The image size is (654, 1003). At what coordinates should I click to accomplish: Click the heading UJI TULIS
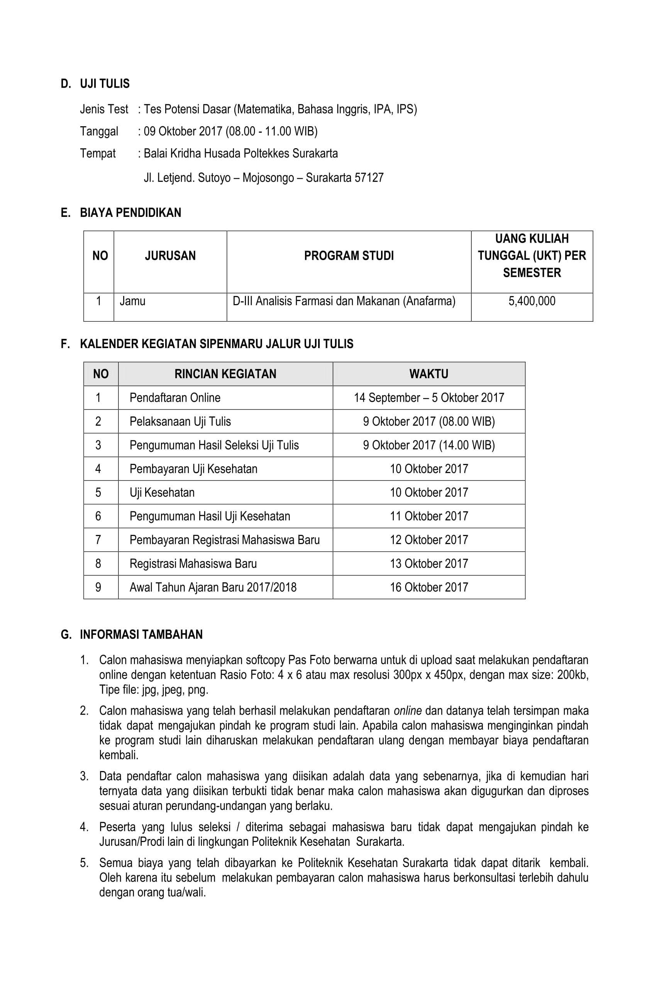[x=105, y=83]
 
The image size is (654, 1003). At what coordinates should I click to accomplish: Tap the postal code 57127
[x=369, y=178]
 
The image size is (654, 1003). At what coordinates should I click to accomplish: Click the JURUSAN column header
[x=170, y=255]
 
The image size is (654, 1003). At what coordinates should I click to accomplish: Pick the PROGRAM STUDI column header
[x=348, y=255]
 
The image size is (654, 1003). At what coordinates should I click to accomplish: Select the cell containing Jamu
[x=132, y=301]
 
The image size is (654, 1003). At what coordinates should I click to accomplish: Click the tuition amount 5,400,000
[x=531, y=301]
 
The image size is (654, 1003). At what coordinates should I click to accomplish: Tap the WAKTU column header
[x=429, y=374]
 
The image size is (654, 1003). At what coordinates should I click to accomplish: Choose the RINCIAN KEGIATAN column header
[x=225, y=374]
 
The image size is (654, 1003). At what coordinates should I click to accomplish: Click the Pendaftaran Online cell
[x=175, y=397]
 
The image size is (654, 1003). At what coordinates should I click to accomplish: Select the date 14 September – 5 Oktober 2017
[x=429, y=397]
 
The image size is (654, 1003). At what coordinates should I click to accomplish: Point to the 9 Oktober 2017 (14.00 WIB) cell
[x=429, y=445]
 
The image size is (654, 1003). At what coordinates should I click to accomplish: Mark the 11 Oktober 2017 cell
[x=429, y=516]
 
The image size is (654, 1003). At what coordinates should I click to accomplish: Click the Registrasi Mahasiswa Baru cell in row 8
[x=193, y=563]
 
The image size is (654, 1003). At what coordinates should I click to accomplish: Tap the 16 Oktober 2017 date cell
[x=429, y=587]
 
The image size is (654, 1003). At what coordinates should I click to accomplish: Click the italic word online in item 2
[x=407, y=710]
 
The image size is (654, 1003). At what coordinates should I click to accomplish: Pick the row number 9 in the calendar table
[x=98, y=587]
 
